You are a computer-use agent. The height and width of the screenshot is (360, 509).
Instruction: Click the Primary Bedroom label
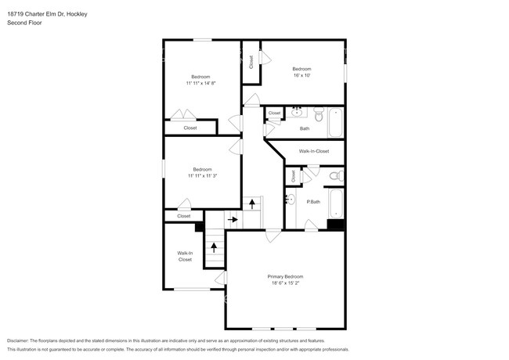coord(285,276)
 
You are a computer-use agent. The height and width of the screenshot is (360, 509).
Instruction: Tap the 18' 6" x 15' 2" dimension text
coord(285,283)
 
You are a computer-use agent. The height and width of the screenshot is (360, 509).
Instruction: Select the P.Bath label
coord(313,202)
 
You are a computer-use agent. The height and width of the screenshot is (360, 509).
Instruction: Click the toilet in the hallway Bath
coord(319,114)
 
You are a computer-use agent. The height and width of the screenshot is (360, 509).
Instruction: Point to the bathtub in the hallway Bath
coord(336,123)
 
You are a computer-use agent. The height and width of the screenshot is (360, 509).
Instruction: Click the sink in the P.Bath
coord(291,199)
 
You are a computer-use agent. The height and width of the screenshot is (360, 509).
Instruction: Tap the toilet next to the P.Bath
coord(337,176)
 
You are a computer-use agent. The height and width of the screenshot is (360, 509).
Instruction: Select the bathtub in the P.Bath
coord(336,203)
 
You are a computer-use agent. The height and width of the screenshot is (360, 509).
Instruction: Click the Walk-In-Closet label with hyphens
coord(314,151)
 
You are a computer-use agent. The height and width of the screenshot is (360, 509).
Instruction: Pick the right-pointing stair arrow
coord(233,220)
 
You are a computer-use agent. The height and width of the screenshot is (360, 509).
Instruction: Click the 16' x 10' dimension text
coord(302,75)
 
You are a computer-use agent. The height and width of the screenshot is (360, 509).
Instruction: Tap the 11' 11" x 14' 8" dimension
coord(201,84)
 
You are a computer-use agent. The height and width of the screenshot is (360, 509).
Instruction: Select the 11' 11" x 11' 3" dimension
coord(203,176)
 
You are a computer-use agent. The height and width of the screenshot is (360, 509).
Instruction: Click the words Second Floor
coord(24,23)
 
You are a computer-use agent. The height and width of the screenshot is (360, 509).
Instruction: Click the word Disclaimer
coord(18,340)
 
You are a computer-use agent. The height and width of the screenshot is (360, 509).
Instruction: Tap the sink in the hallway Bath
coord(297,112)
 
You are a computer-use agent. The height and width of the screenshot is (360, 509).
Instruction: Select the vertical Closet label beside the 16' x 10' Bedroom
coord(251,62)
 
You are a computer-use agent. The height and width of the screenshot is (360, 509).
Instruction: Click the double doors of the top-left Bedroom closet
coord(183,114)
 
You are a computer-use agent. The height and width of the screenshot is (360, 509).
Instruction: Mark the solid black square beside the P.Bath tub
coord(335,225)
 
